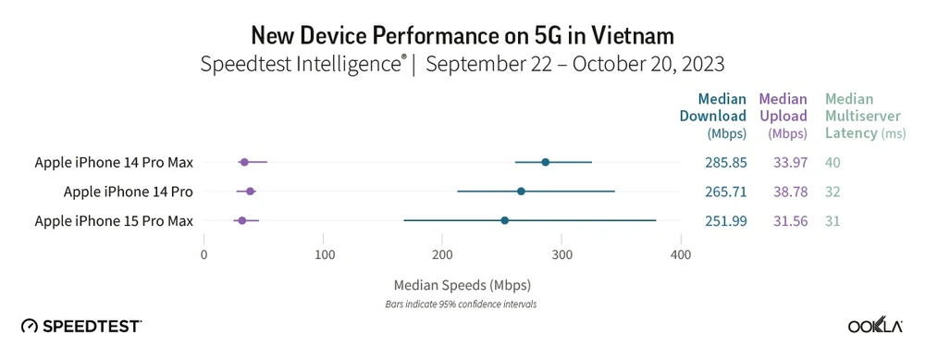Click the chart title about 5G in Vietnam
click(462, 35)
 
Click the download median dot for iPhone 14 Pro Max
click(545, 162)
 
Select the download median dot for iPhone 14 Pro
click(521, 192)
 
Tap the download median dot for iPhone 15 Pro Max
click(504, 220)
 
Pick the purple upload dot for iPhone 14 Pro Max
click(244, 162)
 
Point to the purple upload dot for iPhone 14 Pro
click(250, 192)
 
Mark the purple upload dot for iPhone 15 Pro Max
click(241, 220)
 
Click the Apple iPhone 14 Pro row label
click(128, 192)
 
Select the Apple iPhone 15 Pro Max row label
click(114, 220)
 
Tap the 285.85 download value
click(724, 163)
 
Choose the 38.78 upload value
click(783, 192)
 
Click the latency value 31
click(834, 220)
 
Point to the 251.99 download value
click(724, 220)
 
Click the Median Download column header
click(721, 116)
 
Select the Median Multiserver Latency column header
click(852, 116)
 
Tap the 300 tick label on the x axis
click(562, 254)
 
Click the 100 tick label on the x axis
click(324, 254)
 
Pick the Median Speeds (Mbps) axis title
click(462, 284)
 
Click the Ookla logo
click(874, 326)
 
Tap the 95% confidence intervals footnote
click(462, 304)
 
